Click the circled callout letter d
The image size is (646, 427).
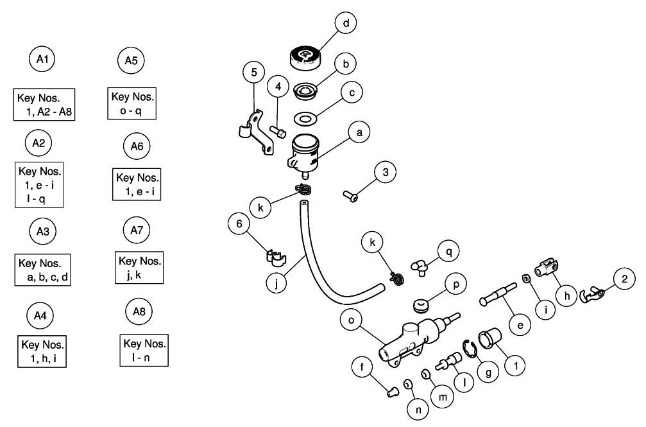(x=346, y=24)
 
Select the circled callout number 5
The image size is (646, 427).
(x=254, y=71)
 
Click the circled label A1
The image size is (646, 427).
(x=42, y=60)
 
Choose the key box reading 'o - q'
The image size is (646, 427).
(x=133, y=103)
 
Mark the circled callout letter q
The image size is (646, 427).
(x=449, y=251)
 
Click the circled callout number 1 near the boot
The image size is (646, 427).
(x=514, y=366)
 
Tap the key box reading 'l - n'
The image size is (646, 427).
(x=144, y=349)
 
